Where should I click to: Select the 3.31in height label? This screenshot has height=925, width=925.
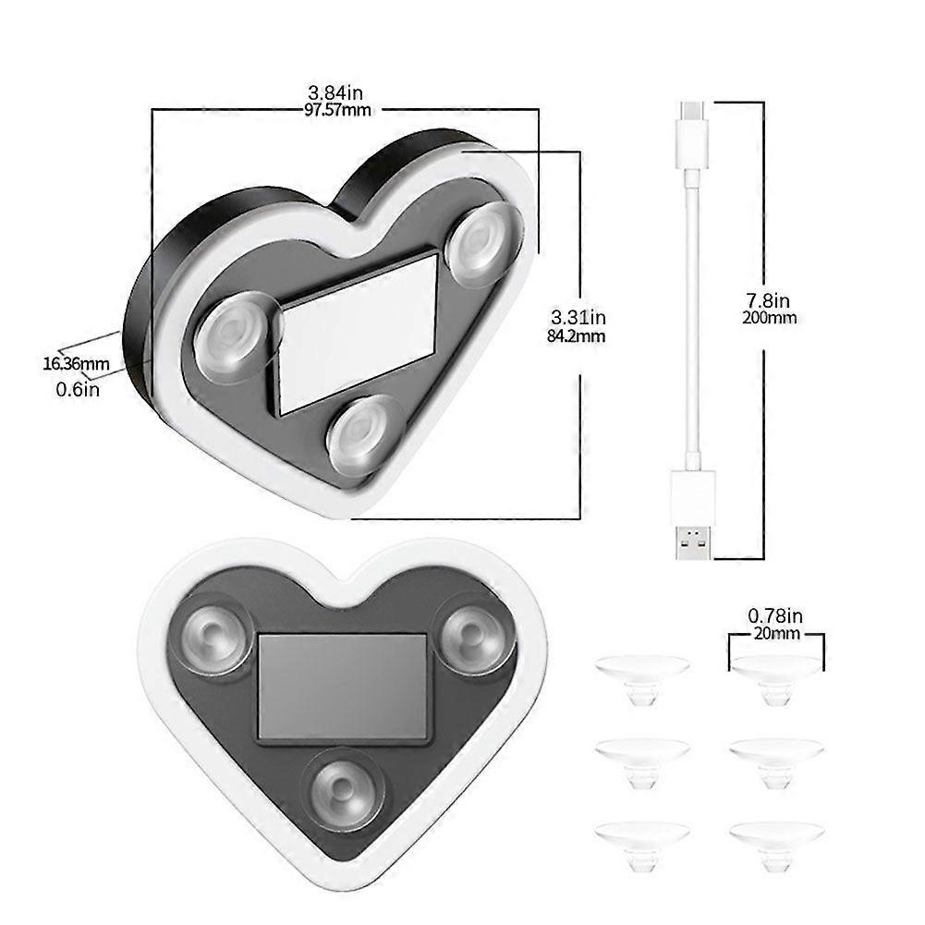coord(578,319)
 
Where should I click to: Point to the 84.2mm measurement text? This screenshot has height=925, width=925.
coord(578,336)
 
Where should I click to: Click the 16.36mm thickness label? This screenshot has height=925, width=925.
coord(76,363)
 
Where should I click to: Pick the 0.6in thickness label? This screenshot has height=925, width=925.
coord(78,389)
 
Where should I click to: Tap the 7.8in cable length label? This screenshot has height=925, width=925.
coord(769,300)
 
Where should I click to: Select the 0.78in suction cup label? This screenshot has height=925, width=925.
coord(774,615)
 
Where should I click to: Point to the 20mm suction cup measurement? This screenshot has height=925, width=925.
coord(774,634)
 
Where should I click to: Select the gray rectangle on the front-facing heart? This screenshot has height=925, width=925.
coord(342,685)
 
